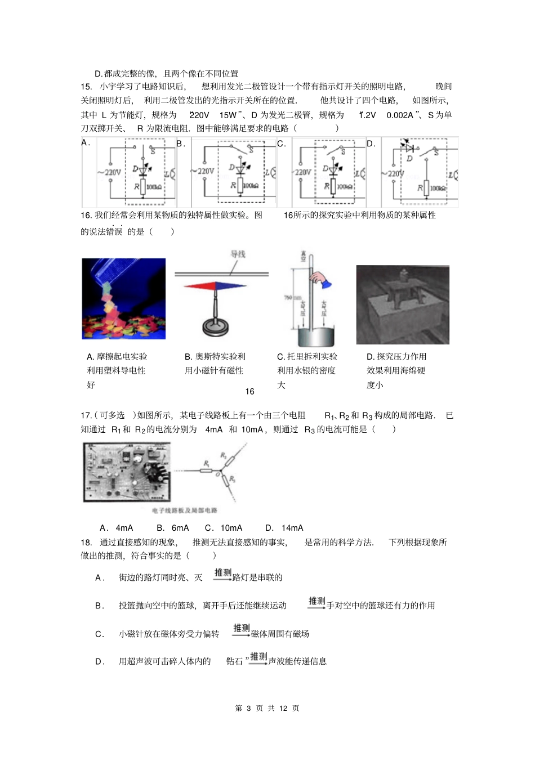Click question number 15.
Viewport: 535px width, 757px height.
click(86, 87)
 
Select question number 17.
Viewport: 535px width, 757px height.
click(86, 415)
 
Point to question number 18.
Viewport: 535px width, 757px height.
click(86, 543)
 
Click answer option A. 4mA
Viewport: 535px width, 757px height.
click(117, 528)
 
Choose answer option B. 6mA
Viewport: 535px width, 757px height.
click(173, 528)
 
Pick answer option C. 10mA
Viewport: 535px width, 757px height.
click(224, 528)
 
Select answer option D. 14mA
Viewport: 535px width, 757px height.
click(284, 528)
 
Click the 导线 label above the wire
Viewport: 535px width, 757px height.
click(238, 254)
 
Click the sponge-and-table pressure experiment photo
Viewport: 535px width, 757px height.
click(403, 304)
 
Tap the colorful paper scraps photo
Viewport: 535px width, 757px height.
click(124, 299)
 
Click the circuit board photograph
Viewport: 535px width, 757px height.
click(127, 471)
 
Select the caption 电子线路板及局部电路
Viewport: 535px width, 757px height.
click(185, 510)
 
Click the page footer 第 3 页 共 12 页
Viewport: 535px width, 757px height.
click(267, 708)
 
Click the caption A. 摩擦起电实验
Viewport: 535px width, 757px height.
click(117, 357)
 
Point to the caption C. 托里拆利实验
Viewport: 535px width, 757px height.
click(307, 357)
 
